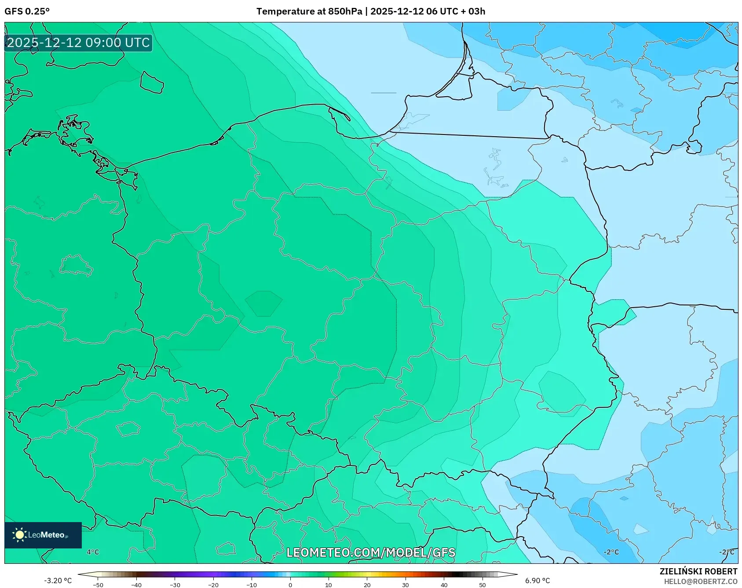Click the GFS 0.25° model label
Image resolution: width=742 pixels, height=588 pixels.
27,11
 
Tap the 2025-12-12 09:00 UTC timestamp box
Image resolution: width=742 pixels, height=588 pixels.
78,43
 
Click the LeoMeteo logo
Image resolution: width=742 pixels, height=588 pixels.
43,535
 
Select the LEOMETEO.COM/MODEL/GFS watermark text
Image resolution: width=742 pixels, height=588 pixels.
370,552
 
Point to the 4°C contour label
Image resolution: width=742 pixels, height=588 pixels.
93,552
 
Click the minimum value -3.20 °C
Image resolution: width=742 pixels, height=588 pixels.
58,581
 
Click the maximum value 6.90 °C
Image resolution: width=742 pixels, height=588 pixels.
537,581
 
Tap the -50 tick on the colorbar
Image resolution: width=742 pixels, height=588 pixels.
98,585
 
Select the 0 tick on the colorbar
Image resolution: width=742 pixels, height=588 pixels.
290,585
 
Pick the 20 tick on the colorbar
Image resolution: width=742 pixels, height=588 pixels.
367,585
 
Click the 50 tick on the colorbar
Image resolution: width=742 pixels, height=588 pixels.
482,585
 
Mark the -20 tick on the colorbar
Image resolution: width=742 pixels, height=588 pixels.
213,585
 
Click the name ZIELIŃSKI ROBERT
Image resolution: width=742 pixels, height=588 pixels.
698,571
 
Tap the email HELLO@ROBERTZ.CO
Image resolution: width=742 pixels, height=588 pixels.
700,581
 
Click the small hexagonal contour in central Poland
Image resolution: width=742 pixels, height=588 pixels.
263,303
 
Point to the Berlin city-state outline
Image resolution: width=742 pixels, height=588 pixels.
76,265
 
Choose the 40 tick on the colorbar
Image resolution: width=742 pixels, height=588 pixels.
444,585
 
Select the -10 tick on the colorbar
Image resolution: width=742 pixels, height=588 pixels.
252,585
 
